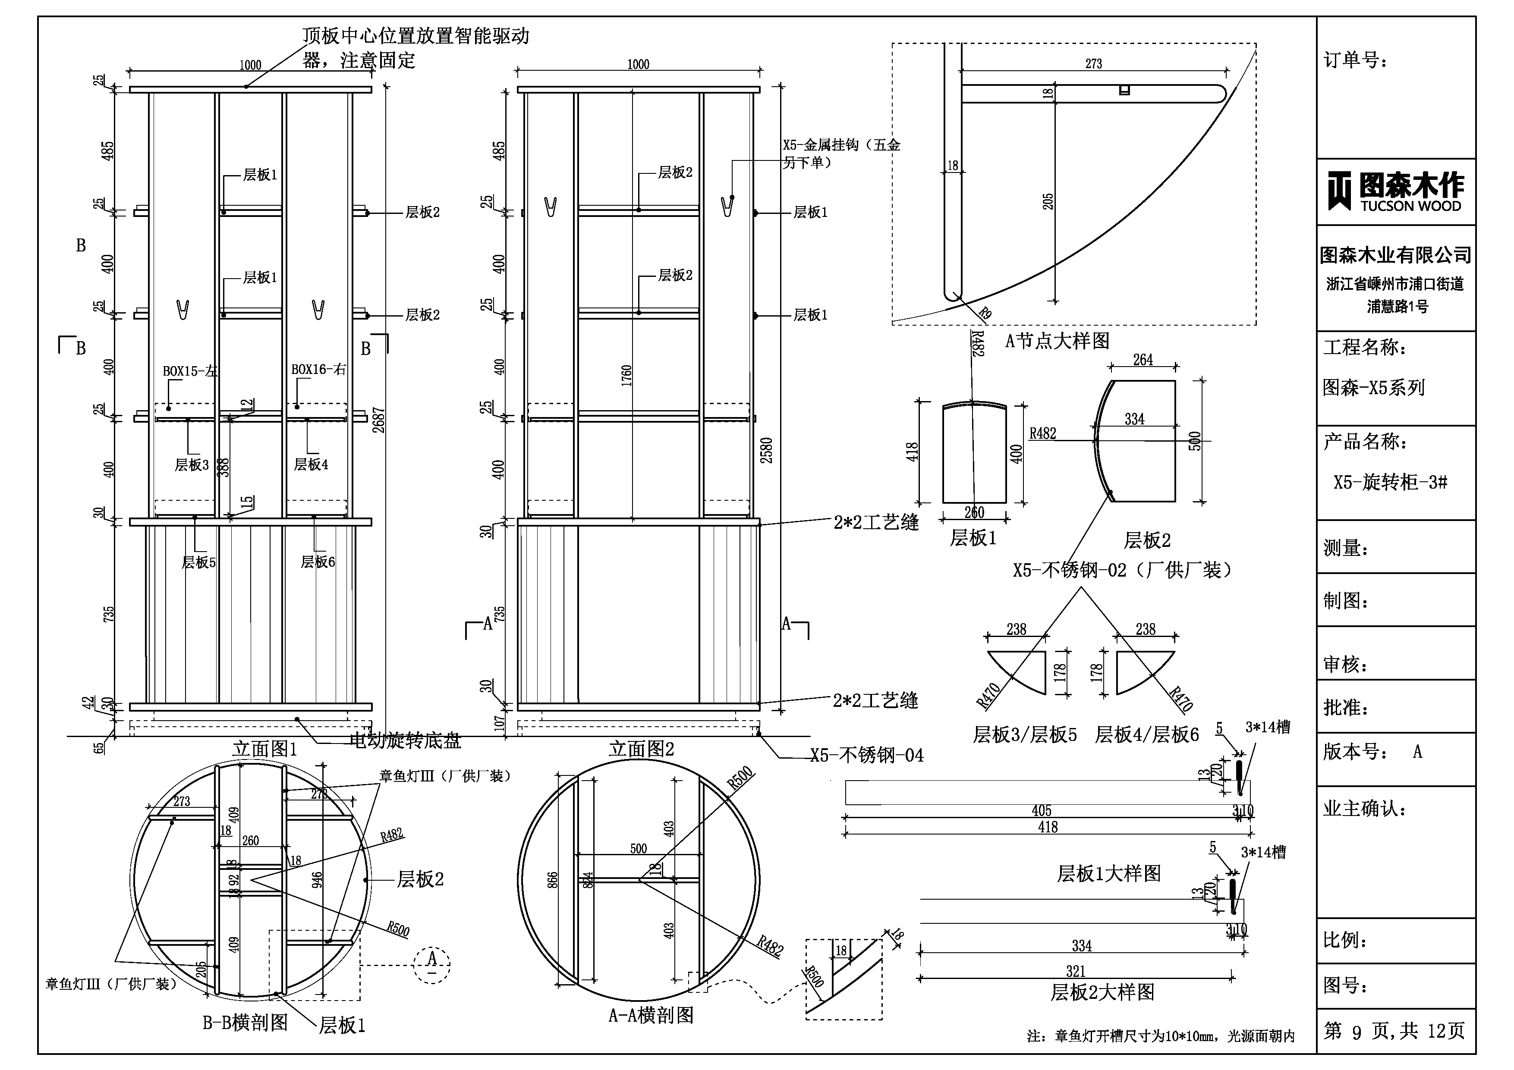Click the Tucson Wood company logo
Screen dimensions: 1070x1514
[x=1395, y=191]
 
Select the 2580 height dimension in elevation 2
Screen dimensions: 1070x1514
[x=766, y=450]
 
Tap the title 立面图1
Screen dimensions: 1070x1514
[x=265, y=749]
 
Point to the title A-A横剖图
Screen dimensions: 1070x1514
[x=651, y=1015]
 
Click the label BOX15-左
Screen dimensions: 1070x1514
[x=190, y=371]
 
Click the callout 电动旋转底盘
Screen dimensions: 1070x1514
[x=405, y=741]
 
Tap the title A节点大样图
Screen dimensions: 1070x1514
[x=1057, y=341]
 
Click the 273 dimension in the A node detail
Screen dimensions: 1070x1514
[x=1093, y=64]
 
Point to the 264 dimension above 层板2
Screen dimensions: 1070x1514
[x=1143, y=360]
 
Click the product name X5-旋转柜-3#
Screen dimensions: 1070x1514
[x=1390, y=482]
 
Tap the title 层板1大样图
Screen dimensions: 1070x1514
[x=1108, y=873]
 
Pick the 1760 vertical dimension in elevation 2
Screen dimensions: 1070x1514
[x=626, y=376]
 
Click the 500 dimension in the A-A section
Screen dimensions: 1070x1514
[x=638, y=848]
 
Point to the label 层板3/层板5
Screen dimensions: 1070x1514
[x=1025, y=734]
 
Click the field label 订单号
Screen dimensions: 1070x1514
[x=1355, y=61]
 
